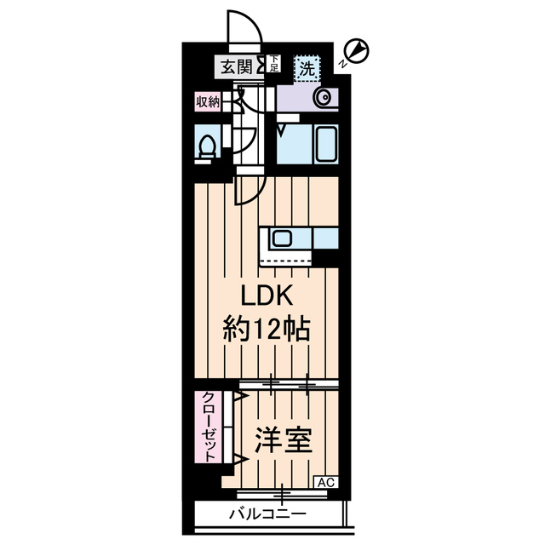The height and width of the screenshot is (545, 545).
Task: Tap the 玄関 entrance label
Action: click(x=236, y=66)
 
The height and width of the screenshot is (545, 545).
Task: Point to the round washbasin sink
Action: click(x=324, y=99)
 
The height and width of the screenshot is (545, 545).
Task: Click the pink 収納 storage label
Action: click(x=207, y=102)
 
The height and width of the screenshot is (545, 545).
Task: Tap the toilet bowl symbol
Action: click(x=205, y=146)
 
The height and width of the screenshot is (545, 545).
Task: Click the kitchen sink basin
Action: click(x=283, y=238)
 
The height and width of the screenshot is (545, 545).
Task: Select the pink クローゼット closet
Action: click(x=208, y=427)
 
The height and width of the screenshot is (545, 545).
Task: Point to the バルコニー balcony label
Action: click(x=267, y=514)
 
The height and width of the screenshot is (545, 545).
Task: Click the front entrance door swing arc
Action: click(x=241, y=27)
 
